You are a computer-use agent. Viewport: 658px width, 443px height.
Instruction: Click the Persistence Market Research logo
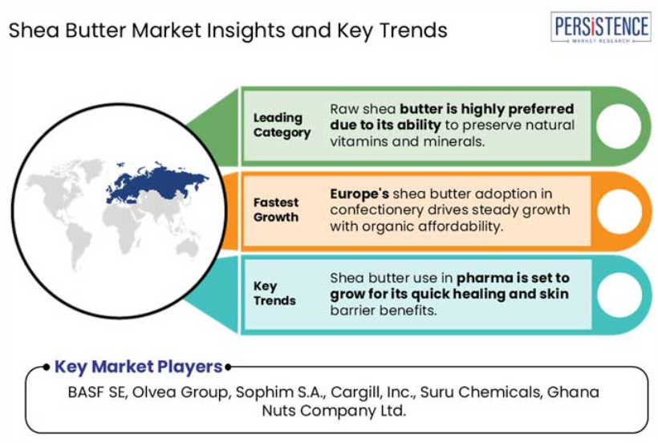coord(600,26)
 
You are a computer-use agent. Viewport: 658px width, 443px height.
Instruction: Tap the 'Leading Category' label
coord(282,125)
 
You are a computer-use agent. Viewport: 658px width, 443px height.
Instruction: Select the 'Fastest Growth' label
coord(276,209)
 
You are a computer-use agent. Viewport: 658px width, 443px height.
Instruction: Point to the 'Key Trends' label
coord(274,293)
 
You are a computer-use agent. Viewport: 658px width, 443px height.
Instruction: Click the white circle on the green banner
coord(619,126)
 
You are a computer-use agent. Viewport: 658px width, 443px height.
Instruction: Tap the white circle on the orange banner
coord(619,211)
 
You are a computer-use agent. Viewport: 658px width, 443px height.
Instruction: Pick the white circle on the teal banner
coord(619,295)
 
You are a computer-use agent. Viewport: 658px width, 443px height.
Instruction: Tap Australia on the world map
coord(187,248)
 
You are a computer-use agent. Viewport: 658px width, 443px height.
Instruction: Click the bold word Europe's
coord(359,194)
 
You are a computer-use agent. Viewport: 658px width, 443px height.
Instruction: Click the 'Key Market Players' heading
coord(139,367)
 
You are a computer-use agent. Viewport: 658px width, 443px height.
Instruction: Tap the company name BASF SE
coord(98,392)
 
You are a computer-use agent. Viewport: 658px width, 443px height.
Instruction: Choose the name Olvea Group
coord(181,392)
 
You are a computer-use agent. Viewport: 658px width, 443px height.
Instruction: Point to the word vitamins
coord(359,142)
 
